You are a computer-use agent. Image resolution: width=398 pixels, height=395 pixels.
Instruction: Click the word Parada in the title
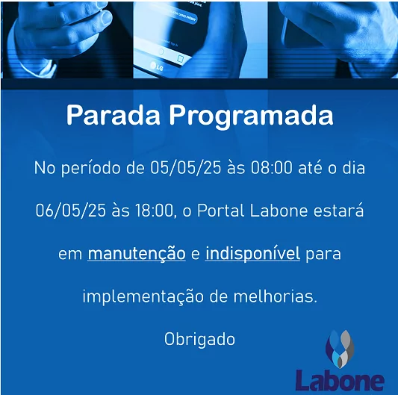coord(114,115)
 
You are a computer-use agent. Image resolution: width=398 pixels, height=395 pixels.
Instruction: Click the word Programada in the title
coord(252,116)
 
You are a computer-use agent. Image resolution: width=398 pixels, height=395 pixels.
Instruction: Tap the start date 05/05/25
coord(185,168)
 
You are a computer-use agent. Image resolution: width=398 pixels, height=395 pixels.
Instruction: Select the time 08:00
coord(272,168)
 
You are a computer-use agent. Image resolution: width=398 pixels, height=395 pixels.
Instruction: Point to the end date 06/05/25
coord(70,211)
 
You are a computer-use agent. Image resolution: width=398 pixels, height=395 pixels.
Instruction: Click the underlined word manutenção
coord(137,254)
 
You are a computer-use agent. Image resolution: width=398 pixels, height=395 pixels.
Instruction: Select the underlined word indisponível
coord(253,254)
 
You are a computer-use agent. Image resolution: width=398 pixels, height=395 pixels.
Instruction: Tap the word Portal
coord(220,211)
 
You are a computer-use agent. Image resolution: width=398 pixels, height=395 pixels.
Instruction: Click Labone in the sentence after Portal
coord(279,211)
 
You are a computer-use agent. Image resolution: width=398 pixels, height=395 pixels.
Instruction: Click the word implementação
coord(143,296)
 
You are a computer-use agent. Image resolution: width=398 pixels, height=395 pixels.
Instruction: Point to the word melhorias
coord(275,296)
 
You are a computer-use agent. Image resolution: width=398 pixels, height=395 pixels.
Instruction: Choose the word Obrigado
coord(199,340)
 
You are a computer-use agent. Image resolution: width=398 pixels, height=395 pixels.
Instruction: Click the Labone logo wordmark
coord(340,380)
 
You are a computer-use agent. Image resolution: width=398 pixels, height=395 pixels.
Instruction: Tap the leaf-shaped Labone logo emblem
coord(340,349)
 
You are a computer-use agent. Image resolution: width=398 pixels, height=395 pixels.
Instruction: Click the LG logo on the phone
coord(157,66)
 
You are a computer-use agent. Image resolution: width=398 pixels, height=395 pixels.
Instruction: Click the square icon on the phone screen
coord(180,59)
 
